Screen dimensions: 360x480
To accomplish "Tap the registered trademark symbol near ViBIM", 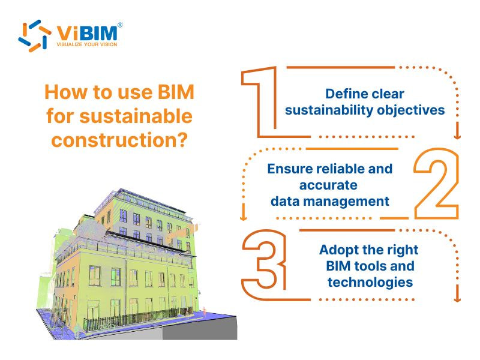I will [x=120, y=25].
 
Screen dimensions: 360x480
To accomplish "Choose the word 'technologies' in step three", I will [x=370, y=281].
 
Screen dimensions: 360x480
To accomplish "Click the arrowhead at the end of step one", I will [x=458, y=135].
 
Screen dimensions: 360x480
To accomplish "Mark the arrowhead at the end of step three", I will [x=458, y=296].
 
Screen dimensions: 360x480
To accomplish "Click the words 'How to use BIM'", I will [x=119, y=94].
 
